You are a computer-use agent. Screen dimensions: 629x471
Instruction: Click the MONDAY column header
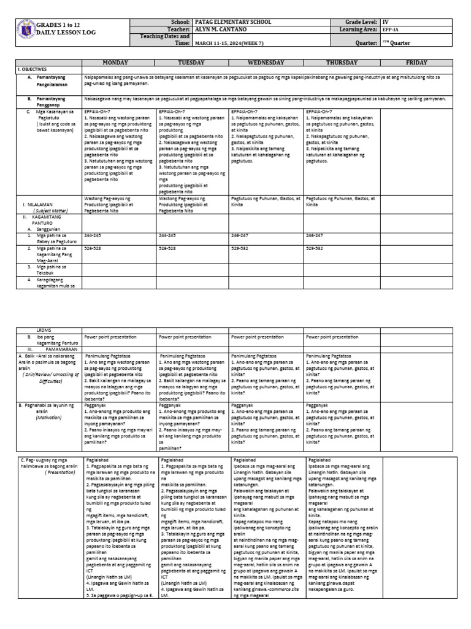click(119, 63)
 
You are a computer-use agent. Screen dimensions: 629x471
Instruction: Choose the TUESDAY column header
click(192, 63)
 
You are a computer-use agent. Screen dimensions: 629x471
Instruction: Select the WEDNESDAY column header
click(266, 63)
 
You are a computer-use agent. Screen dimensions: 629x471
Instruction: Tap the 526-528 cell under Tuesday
click(167, 248)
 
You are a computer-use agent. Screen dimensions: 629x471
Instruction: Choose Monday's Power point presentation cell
click(110, 337)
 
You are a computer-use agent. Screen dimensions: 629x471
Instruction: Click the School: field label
click(182, 21)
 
